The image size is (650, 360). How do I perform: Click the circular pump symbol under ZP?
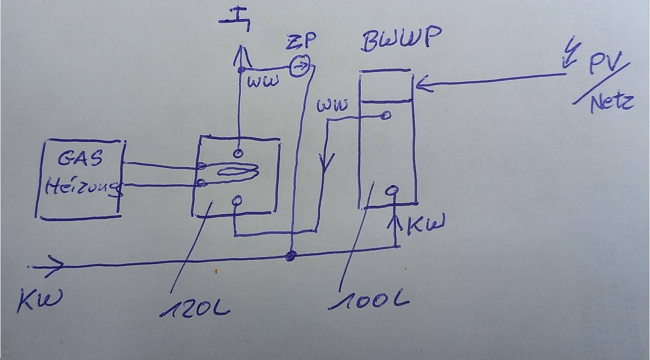(300, 67)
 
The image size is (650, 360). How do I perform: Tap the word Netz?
(612, 102)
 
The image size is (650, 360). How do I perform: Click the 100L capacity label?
(368, 297)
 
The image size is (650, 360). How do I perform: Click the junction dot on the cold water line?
(291, 255)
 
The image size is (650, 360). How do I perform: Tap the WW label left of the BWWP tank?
(333, 105)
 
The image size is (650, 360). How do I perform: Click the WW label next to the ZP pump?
(263, 81)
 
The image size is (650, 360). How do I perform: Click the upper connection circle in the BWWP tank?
(386, 116)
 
